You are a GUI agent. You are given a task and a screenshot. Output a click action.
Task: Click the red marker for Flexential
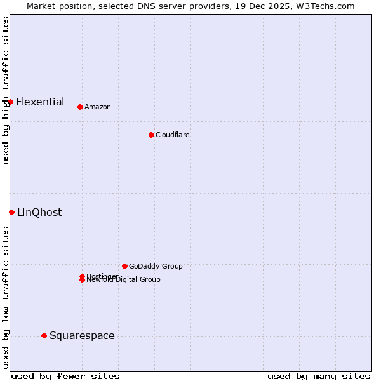(10, 102)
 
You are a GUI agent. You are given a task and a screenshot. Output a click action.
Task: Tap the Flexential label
(40, 102)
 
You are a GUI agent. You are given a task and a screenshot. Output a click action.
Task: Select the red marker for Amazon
(80, 107)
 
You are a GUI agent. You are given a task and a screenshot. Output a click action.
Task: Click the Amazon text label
(97, 107)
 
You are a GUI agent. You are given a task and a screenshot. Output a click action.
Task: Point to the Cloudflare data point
(151, 135)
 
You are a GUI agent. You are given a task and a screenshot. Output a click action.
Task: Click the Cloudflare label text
(172, 135)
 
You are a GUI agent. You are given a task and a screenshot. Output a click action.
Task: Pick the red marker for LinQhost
(11, 212)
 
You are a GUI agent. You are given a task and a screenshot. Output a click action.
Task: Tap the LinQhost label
(39, 212)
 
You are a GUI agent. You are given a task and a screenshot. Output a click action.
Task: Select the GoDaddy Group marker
(124, 266)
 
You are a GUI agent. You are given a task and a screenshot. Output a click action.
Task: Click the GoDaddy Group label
(155, 266)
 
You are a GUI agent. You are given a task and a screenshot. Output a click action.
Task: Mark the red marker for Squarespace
(44, 335)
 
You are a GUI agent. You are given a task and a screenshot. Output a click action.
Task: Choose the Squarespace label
(82, 335)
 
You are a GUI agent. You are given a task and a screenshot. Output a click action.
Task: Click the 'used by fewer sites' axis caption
(65, 376)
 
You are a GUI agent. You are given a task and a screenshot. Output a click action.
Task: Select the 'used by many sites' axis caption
(319, 376)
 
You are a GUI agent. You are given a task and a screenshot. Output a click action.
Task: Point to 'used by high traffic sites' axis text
(6, 90)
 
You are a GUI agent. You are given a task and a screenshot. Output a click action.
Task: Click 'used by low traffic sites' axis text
(6, 297)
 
